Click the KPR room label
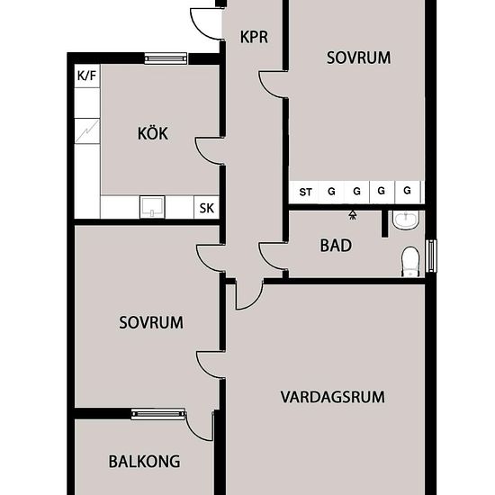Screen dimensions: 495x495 254,37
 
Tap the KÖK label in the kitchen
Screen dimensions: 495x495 153,133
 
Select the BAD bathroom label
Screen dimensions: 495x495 336,246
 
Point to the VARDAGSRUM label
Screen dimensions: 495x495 333,397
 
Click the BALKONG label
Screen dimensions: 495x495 144,462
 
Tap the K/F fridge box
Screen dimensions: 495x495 87,76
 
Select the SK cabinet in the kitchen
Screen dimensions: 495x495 206,207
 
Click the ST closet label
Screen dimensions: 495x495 305,192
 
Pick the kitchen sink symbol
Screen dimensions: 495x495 152,207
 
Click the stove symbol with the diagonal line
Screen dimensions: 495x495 87,131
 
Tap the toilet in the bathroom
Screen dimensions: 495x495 410,262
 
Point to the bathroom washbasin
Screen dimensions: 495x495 406,220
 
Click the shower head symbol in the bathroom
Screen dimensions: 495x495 353,215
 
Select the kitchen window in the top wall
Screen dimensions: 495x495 166,58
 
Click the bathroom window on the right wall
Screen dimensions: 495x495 431,256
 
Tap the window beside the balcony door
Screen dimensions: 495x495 158,414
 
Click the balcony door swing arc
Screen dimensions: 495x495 195,431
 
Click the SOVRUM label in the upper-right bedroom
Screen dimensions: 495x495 358,58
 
